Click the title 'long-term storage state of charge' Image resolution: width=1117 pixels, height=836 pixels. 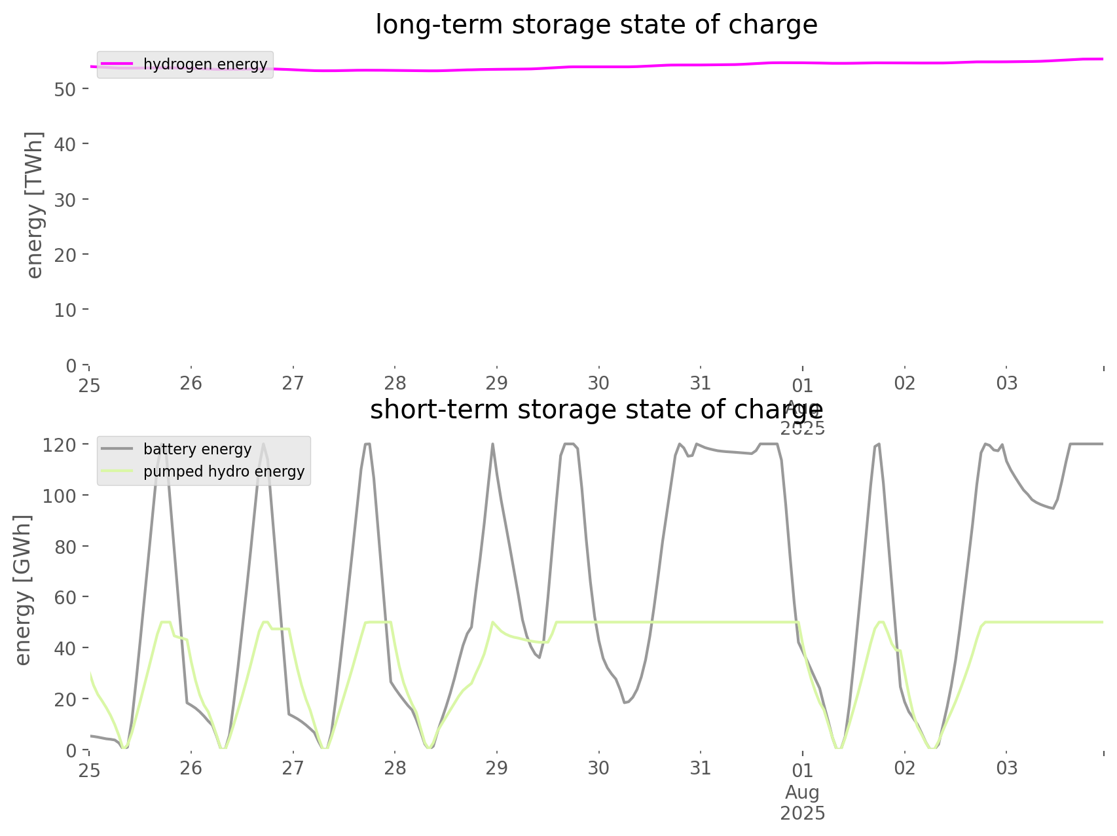pos(596,25)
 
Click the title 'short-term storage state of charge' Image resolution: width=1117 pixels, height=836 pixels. pos(596,410)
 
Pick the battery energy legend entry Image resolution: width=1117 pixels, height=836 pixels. pos(197,449)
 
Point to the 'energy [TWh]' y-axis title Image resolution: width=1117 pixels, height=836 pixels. pos(35,205)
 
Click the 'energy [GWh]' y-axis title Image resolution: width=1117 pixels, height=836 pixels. pos(23,590)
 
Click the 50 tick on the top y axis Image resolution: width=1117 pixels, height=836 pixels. pos(66,89)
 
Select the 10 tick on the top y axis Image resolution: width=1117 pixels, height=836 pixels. pos(66,310)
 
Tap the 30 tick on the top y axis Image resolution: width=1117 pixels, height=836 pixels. pos(66,200)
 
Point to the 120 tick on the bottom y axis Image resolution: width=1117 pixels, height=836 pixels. pos(60,445)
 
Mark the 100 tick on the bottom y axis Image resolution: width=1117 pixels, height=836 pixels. pos(60,496)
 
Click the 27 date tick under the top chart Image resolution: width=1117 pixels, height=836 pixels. pos(293,383)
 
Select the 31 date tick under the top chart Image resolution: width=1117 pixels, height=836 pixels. pos(701,383)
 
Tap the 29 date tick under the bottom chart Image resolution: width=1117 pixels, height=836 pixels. pos(497,768)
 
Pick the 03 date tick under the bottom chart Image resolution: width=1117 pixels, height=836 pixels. pos(1006,768)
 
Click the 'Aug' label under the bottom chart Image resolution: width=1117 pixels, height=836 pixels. pos(802,792)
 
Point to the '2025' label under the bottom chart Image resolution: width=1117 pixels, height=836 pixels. pos(802,813)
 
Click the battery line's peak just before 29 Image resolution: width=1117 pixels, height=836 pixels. pos(492,445)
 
